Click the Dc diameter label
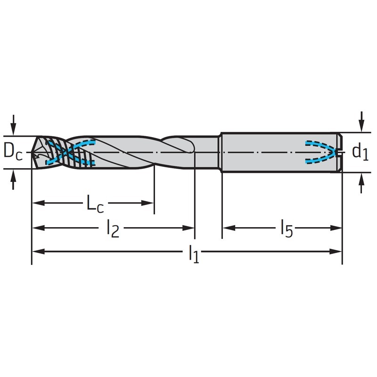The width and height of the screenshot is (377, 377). click(x=13, y=152)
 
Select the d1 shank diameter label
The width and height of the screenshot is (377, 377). click(x=360, y=152)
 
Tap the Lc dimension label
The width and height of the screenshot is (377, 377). click(x=95, y=204)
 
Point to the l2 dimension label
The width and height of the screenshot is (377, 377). click(x=113, y=229)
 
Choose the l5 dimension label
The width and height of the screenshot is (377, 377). click(x=287, y=229)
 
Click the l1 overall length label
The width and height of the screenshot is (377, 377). click(x=194, y=254)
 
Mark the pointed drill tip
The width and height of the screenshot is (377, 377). click(x=32, y=152)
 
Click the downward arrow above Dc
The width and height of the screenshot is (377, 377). click(x=14, y=125)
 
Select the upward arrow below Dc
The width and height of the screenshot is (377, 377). click(x=14, y=180)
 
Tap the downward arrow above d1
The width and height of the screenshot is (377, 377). click(x=361, y=122)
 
